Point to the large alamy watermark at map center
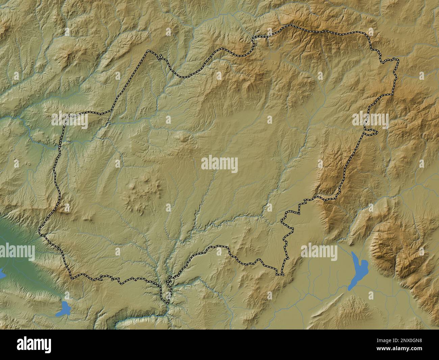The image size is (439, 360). pos(219,165)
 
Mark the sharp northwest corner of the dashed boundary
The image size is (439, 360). pos(148,51)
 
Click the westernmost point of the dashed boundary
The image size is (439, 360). pos(40,231)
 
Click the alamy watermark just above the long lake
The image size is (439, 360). pos(319,252)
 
